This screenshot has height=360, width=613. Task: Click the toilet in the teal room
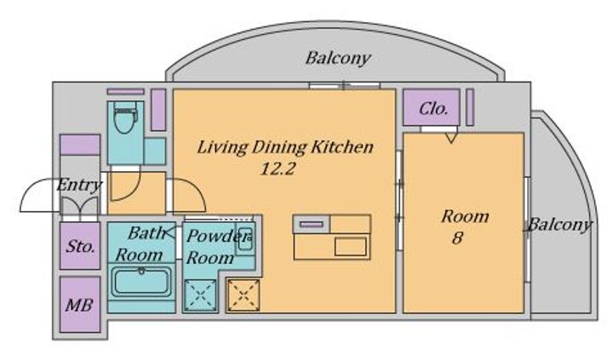click(x=125, y=117)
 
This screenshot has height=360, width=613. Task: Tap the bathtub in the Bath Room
click(x=141, y=282)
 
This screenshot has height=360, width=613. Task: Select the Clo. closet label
click(x=433, y=109)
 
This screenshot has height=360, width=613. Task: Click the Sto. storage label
click(x=80, y=246)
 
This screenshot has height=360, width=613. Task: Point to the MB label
click(x=79, y=305)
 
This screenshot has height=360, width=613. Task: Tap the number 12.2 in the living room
click(x=278, y=169)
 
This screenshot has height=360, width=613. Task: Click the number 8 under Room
click(x=457, y=237)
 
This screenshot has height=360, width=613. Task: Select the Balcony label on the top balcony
click(x=338, y=59)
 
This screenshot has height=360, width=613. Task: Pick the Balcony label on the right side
click(x=560, y=226)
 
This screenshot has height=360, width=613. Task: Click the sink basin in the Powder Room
click(x=245, y=238)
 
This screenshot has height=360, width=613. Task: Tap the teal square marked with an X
click(x=200, y=295)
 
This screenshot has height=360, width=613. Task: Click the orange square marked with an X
click(x=243, y=295)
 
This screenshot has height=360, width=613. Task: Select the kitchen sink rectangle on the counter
click(x=351, y=247)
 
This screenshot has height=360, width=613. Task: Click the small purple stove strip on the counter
click(x=312, y=225)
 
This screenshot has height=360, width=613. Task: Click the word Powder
click(x=218, y=236)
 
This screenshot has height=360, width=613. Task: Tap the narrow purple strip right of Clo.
click(x=470, y=107)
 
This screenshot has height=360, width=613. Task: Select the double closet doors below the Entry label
click(x=80, y=206)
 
